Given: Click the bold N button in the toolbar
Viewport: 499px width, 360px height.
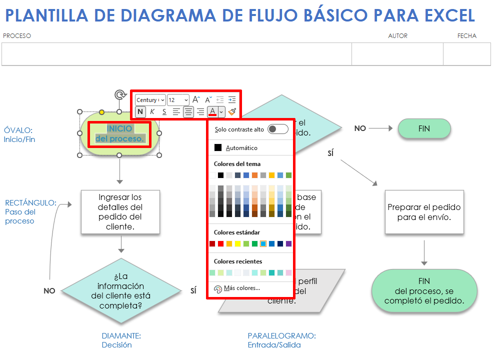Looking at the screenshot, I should pos(140,111).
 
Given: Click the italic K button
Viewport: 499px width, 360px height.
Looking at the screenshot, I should pos(152,111).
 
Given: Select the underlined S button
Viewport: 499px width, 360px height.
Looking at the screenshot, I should pos(164,111).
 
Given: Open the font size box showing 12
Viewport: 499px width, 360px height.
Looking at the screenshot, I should pos(178,100).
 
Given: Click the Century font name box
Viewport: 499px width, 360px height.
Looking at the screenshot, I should pos(150,100).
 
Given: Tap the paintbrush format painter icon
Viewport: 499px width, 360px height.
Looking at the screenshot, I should pos(232,111).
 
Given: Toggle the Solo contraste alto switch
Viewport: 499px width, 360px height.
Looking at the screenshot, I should pos(278,129).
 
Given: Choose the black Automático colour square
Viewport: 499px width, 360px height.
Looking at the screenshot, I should pos(218,147).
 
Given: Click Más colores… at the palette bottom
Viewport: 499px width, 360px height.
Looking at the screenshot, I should pos(241,288).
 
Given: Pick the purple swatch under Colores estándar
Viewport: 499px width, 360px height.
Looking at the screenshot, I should pos(288,243).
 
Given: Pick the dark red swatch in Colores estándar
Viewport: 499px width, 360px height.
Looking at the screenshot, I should pos(212,243).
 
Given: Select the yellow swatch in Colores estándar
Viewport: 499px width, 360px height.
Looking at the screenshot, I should pos(237,243).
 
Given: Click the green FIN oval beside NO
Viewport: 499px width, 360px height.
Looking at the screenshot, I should pos(424,128).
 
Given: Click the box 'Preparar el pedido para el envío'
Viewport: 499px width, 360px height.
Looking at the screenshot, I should pos(424,212).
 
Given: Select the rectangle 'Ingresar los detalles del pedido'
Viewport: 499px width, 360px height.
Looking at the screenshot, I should pos(120,211).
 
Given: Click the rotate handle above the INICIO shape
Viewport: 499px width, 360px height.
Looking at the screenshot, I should pos(119,94).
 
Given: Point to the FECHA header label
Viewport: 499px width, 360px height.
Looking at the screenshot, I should pos(466,36).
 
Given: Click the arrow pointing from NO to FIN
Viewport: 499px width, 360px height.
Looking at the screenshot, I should pos(380,128).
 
